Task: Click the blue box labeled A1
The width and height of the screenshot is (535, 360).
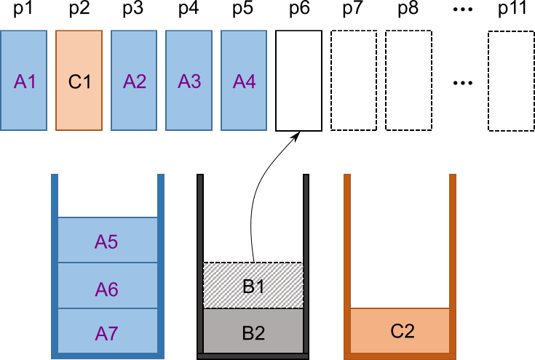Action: tap(24, 81)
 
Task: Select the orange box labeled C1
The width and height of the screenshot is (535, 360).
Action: tap(79, 81)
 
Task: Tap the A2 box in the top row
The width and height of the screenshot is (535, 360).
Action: tap(134, 81)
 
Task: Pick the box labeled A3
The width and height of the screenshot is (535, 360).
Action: tap(189, 81)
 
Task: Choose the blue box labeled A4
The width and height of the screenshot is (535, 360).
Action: tap(244, 81)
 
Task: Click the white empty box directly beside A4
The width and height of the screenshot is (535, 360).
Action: tap(298, 81)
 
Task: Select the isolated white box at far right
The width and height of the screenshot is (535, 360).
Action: tap(511, 81)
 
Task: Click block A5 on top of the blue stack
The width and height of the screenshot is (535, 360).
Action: tap(107, 241)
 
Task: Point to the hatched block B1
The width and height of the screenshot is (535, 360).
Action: tap(253, 286)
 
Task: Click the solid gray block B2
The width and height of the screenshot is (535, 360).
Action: tap(253, 331)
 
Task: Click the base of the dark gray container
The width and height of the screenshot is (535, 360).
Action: tap(253, 356)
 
